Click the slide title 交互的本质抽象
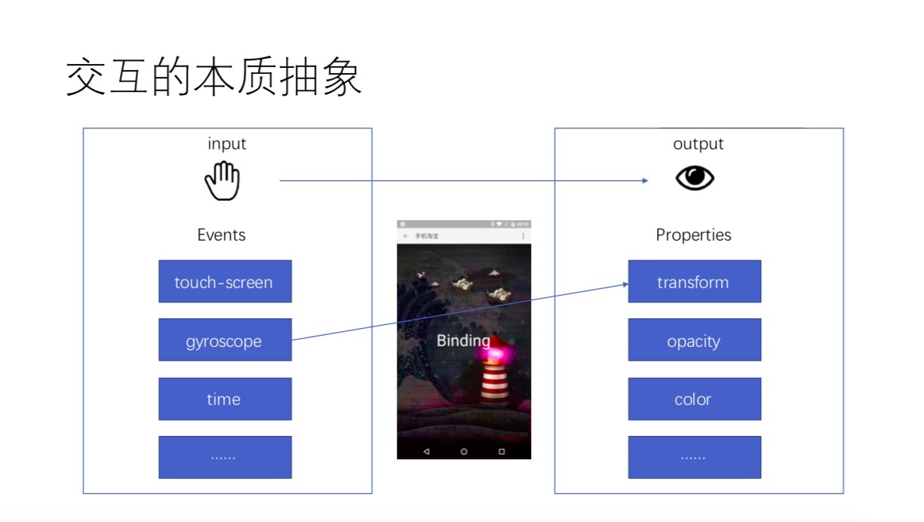[214, 79]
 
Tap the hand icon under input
[223, 181]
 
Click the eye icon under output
[694, 178]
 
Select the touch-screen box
[225, 281]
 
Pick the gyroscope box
[225, 340]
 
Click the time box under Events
[225, 399]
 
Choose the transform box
[694, 281]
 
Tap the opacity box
[694, 340]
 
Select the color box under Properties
[694, 399]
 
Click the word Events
[222, 235]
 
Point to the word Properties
[693, 235]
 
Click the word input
[227, 143]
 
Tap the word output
[698, 143]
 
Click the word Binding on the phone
[463, 340]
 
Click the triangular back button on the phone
[426, 451]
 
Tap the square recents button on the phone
[502, 451]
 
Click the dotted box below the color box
[694, 457]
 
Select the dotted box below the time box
[225, 457]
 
